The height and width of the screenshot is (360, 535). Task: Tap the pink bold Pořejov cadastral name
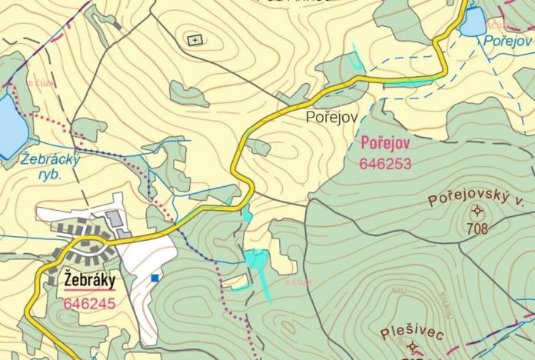click(384, 145)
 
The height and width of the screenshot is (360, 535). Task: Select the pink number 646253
click(385, 163)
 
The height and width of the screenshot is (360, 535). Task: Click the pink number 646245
click(89, 303)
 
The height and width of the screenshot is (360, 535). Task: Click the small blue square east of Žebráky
click(155, 278)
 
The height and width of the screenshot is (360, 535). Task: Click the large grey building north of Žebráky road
click(115, 219)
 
